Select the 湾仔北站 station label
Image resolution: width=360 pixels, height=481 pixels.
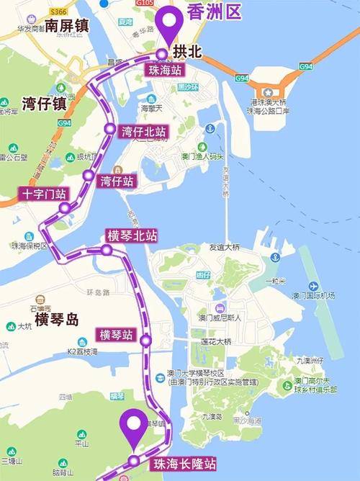point(144,132)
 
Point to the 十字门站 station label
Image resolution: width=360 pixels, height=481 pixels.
point(42,194)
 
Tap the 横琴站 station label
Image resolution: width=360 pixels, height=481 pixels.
point(116,335)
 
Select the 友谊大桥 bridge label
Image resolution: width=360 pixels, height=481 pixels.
point(224,247)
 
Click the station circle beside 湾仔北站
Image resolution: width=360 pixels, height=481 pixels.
point(109,130)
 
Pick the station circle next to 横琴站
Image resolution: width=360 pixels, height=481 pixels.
point(146,340)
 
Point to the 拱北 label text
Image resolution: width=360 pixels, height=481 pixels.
point(186,53)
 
